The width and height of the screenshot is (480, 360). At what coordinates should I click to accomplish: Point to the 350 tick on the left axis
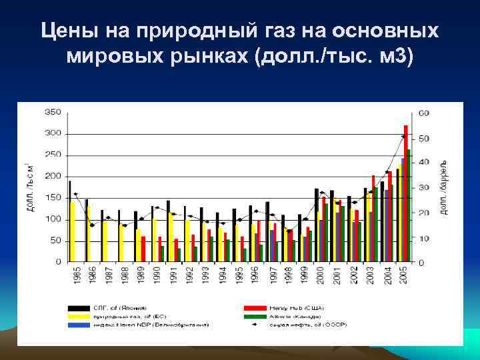53,113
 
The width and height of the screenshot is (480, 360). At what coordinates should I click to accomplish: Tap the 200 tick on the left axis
53,176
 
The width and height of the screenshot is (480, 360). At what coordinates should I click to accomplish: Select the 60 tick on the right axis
424,113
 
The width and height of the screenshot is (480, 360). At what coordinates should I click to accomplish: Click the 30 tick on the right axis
424,188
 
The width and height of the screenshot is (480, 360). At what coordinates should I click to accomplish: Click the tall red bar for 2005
406,193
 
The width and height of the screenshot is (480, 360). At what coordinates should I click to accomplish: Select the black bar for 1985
69,220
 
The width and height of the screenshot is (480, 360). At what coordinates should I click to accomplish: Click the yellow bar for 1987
105,241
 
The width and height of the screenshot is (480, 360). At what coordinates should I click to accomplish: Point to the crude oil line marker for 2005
403,137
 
